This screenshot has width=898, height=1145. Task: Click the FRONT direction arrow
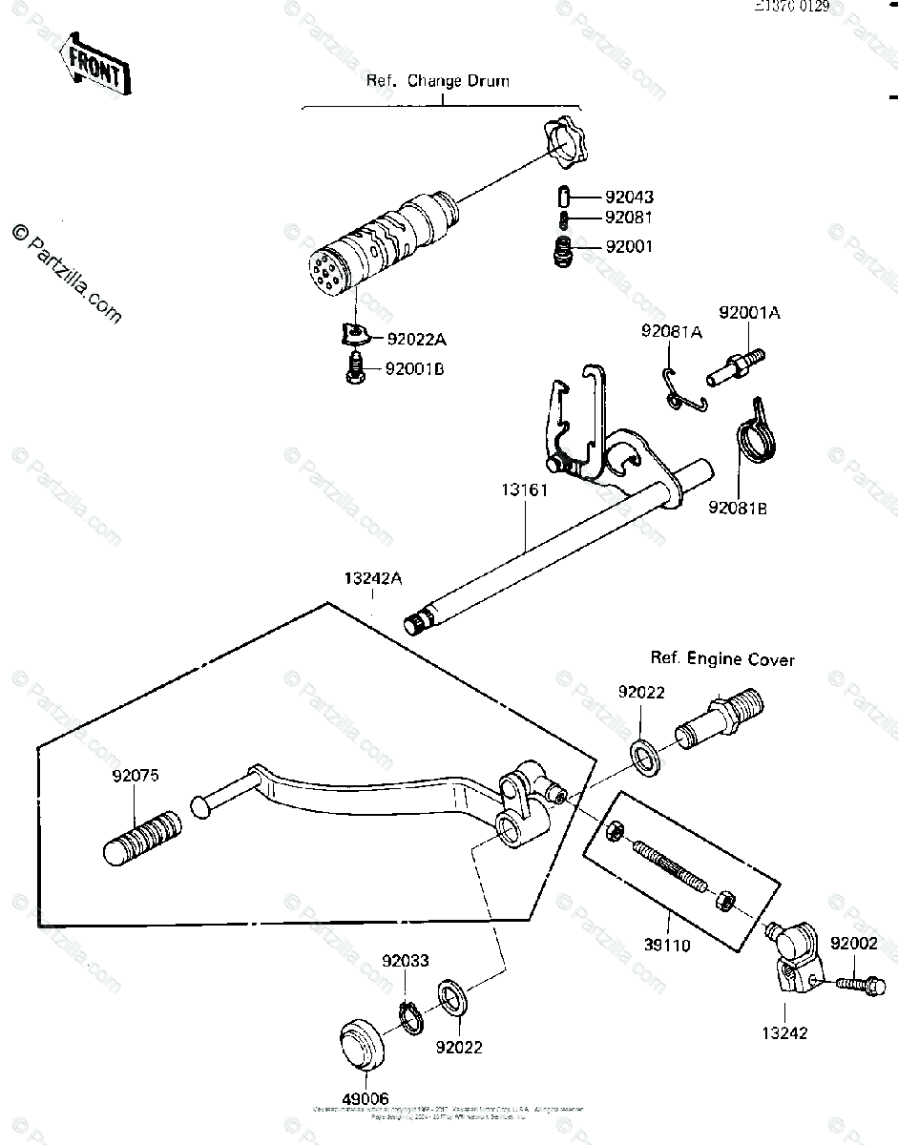point(94,66)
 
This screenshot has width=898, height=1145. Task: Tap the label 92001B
point(415,369)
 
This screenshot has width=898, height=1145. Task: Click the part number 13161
point(523,491)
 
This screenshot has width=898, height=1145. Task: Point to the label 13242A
point(373,578)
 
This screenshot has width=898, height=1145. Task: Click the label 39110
point(666,946)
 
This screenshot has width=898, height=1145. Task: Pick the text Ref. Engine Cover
point(722,658)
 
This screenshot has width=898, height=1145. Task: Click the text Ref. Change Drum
point(438,81)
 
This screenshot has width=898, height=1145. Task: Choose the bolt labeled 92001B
point(356,367)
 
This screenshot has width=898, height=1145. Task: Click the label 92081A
point(671,331)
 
